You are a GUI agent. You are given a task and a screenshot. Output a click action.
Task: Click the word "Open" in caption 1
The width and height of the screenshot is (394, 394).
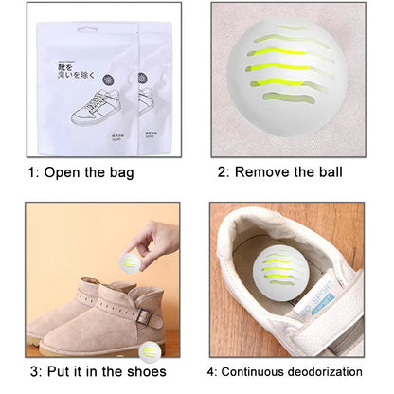[65, 171]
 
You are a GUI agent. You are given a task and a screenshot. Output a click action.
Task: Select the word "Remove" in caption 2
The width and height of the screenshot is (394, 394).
[264, 171]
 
